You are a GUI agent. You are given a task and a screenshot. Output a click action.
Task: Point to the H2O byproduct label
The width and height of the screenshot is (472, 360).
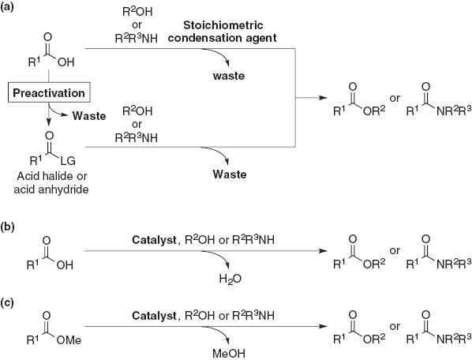207,278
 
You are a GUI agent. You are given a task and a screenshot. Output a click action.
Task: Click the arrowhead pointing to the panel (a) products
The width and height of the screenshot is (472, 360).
324,97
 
